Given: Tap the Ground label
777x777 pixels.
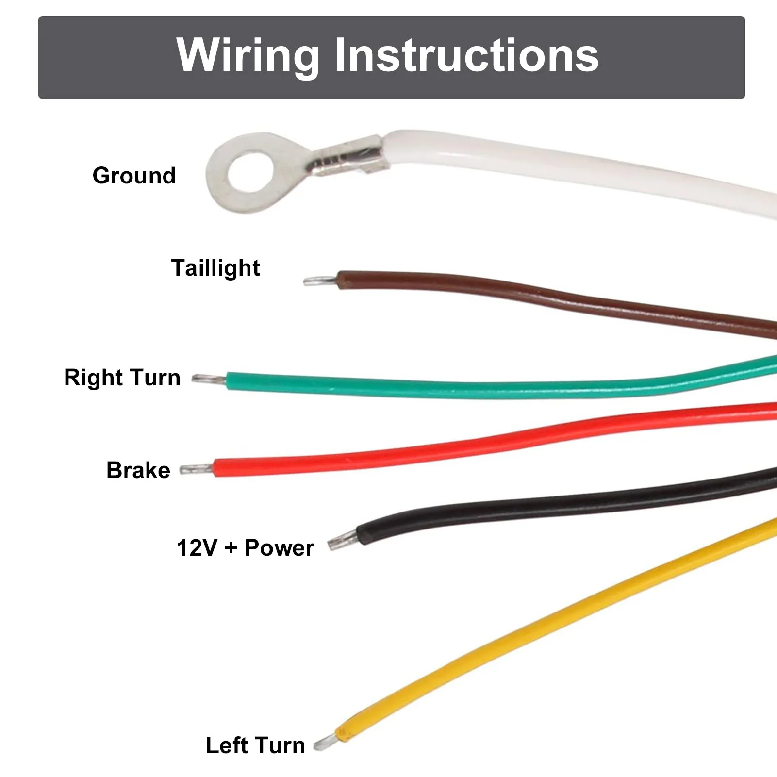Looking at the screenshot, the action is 134,176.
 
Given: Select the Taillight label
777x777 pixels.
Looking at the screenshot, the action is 215,268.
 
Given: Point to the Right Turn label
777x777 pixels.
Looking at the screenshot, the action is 122,378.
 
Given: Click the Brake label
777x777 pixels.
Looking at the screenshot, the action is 138,470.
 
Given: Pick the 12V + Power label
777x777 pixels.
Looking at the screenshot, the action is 246,548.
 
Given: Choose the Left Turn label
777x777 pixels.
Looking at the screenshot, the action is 255,745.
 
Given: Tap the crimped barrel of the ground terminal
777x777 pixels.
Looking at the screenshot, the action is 347,158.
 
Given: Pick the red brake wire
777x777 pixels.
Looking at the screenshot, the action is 495,440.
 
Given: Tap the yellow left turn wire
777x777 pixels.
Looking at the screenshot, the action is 558,626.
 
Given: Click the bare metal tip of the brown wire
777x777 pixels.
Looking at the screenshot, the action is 320,281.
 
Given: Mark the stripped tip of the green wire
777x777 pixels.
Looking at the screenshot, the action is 209,379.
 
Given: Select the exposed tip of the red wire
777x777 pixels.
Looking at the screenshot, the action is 197,469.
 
